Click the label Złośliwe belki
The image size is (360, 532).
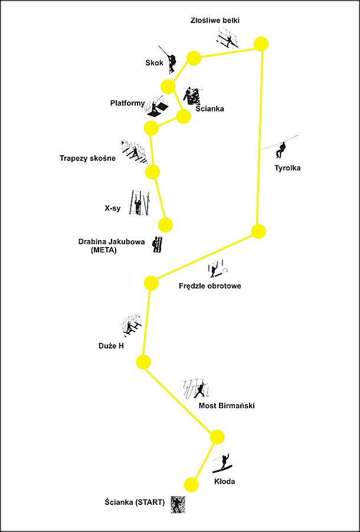215,21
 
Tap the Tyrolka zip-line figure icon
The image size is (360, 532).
281,150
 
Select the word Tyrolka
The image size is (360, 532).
287,168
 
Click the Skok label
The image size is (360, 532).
155,63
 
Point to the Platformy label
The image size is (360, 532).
127,103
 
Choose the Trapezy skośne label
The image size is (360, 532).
87,159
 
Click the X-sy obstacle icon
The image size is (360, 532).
140,203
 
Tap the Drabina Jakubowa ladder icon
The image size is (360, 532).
157,244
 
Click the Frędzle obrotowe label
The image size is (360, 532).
210,286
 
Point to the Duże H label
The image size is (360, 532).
109,347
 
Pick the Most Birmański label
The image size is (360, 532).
227,406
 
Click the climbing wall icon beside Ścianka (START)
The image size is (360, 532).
178,504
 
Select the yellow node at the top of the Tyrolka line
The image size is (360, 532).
261,44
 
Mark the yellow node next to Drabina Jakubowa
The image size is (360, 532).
165,225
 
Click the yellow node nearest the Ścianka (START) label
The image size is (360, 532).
191,484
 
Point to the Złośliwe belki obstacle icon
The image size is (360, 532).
228,38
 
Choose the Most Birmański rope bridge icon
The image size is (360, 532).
197,388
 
